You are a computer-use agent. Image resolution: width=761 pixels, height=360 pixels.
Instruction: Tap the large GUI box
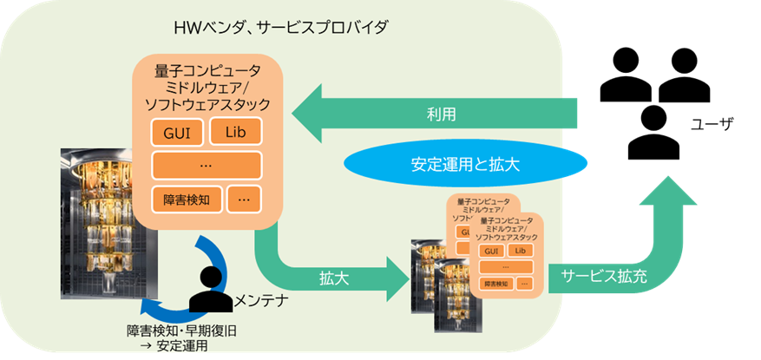[177, 133]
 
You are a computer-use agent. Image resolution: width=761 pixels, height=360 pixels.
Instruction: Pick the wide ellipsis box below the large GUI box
[207, 165]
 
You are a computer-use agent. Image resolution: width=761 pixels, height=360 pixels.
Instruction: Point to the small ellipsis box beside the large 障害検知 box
[244, 200]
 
